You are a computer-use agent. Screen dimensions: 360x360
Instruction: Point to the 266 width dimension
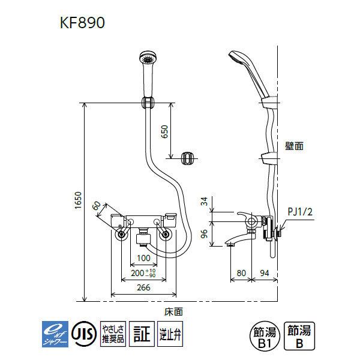tap(143, 287)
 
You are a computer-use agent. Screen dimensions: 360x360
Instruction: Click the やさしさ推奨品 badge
tap(112, 332)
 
